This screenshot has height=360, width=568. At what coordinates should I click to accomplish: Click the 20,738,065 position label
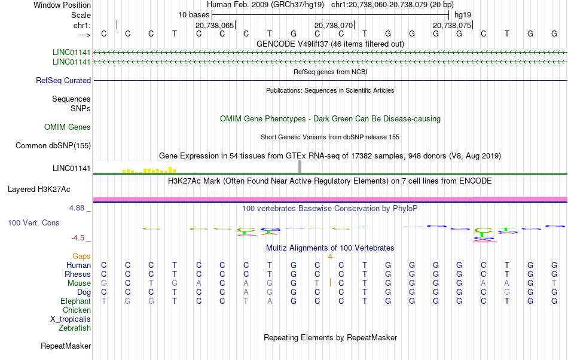point(215,25)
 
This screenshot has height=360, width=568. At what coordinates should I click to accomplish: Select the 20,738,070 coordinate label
point(334,25)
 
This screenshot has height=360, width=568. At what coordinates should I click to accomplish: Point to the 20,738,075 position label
point(452,25)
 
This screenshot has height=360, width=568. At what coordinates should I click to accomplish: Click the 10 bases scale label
point(194,14)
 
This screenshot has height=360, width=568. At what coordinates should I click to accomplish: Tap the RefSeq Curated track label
point(63,80)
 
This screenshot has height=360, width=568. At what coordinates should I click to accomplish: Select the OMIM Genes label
point(68,127)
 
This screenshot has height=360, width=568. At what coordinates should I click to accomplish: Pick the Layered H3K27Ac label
point(39,190)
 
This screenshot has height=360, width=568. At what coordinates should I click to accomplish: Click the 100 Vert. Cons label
point(33,222)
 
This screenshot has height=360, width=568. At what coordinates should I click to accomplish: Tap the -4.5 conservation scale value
point(80,237)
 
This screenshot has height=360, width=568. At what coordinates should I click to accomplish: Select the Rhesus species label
point(77,274)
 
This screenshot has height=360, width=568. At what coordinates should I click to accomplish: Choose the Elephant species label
point(75,301)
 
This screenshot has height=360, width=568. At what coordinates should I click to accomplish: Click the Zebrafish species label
point(75,328)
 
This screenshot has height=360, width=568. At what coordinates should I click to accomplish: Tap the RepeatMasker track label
point(66,346)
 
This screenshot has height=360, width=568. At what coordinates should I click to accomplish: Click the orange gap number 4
point(330,256)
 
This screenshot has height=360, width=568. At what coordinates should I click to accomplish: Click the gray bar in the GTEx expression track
point(300,167)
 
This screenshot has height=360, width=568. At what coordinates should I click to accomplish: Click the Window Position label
point(62,5)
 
